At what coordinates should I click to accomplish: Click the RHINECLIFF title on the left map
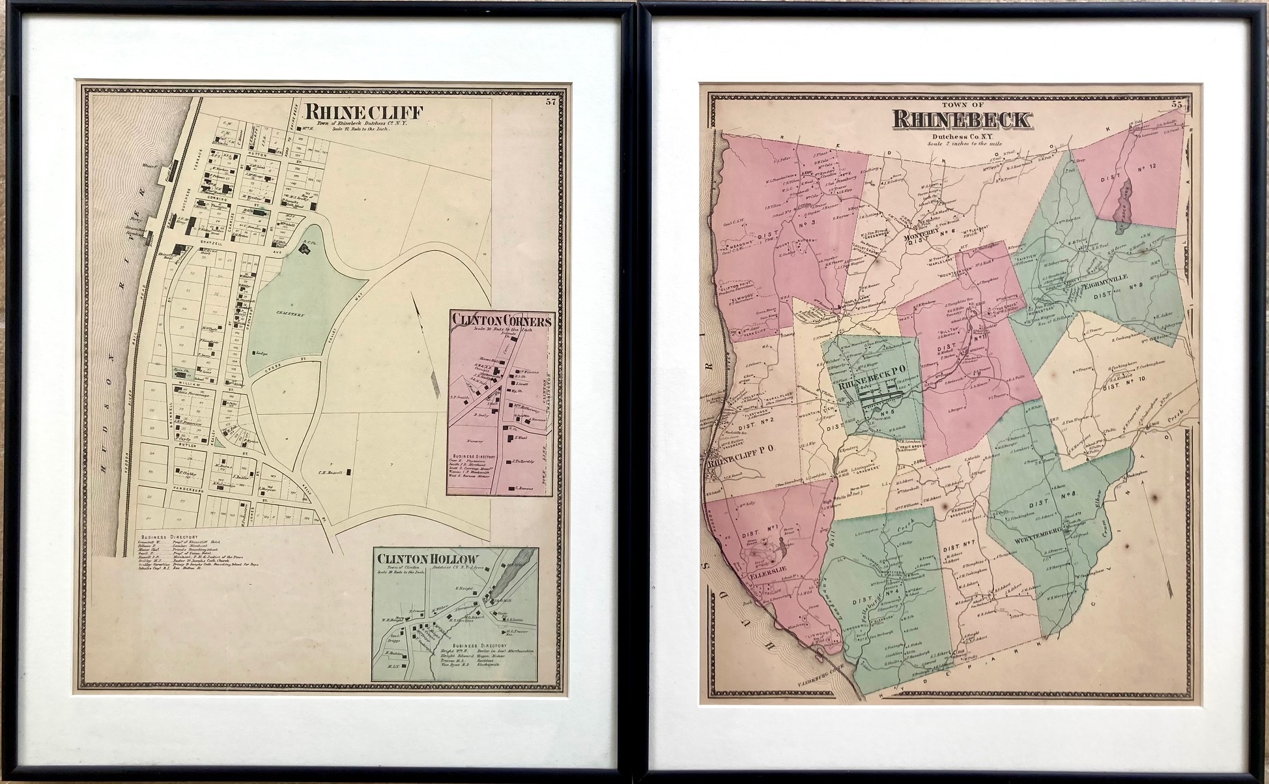point(365,111)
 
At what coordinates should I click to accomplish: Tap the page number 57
point(551,101)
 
